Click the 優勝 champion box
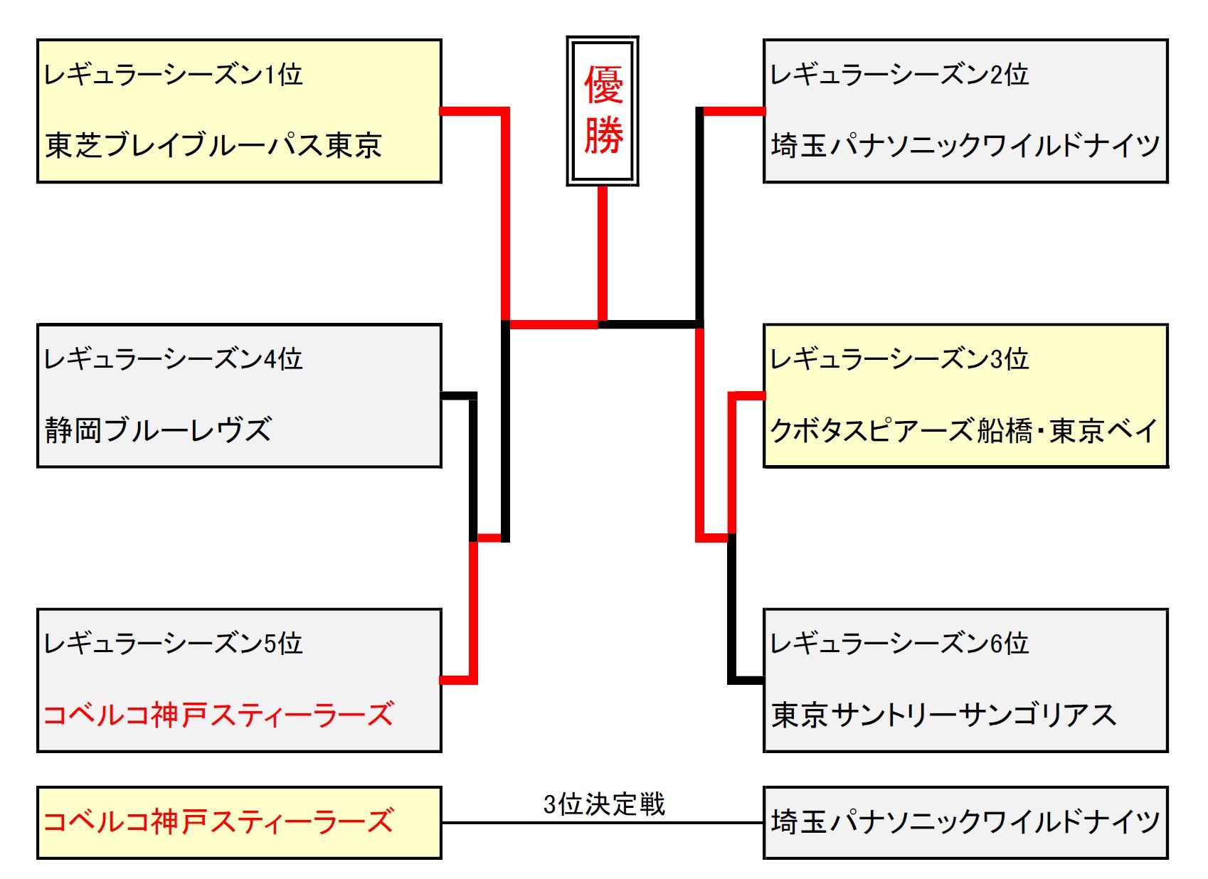603,111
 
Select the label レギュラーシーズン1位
174,75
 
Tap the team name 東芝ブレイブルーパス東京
213,146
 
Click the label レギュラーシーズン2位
900,75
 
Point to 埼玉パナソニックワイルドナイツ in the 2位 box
965,146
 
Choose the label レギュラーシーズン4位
174,359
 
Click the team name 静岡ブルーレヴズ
158,430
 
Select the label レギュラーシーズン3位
900,359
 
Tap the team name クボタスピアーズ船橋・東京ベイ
964,430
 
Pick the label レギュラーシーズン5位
174,644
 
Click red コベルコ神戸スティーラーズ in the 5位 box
218,715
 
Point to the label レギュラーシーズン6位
900,644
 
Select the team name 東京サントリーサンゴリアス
943,715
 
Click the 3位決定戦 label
603,804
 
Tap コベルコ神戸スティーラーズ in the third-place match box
218,821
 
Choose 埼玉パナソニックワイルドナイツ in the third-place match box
965,821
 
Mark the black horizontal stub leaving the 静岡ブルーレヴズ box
457,395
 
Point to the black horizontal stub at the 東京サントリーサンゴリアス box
747,681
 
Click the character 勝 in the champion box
603,135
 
